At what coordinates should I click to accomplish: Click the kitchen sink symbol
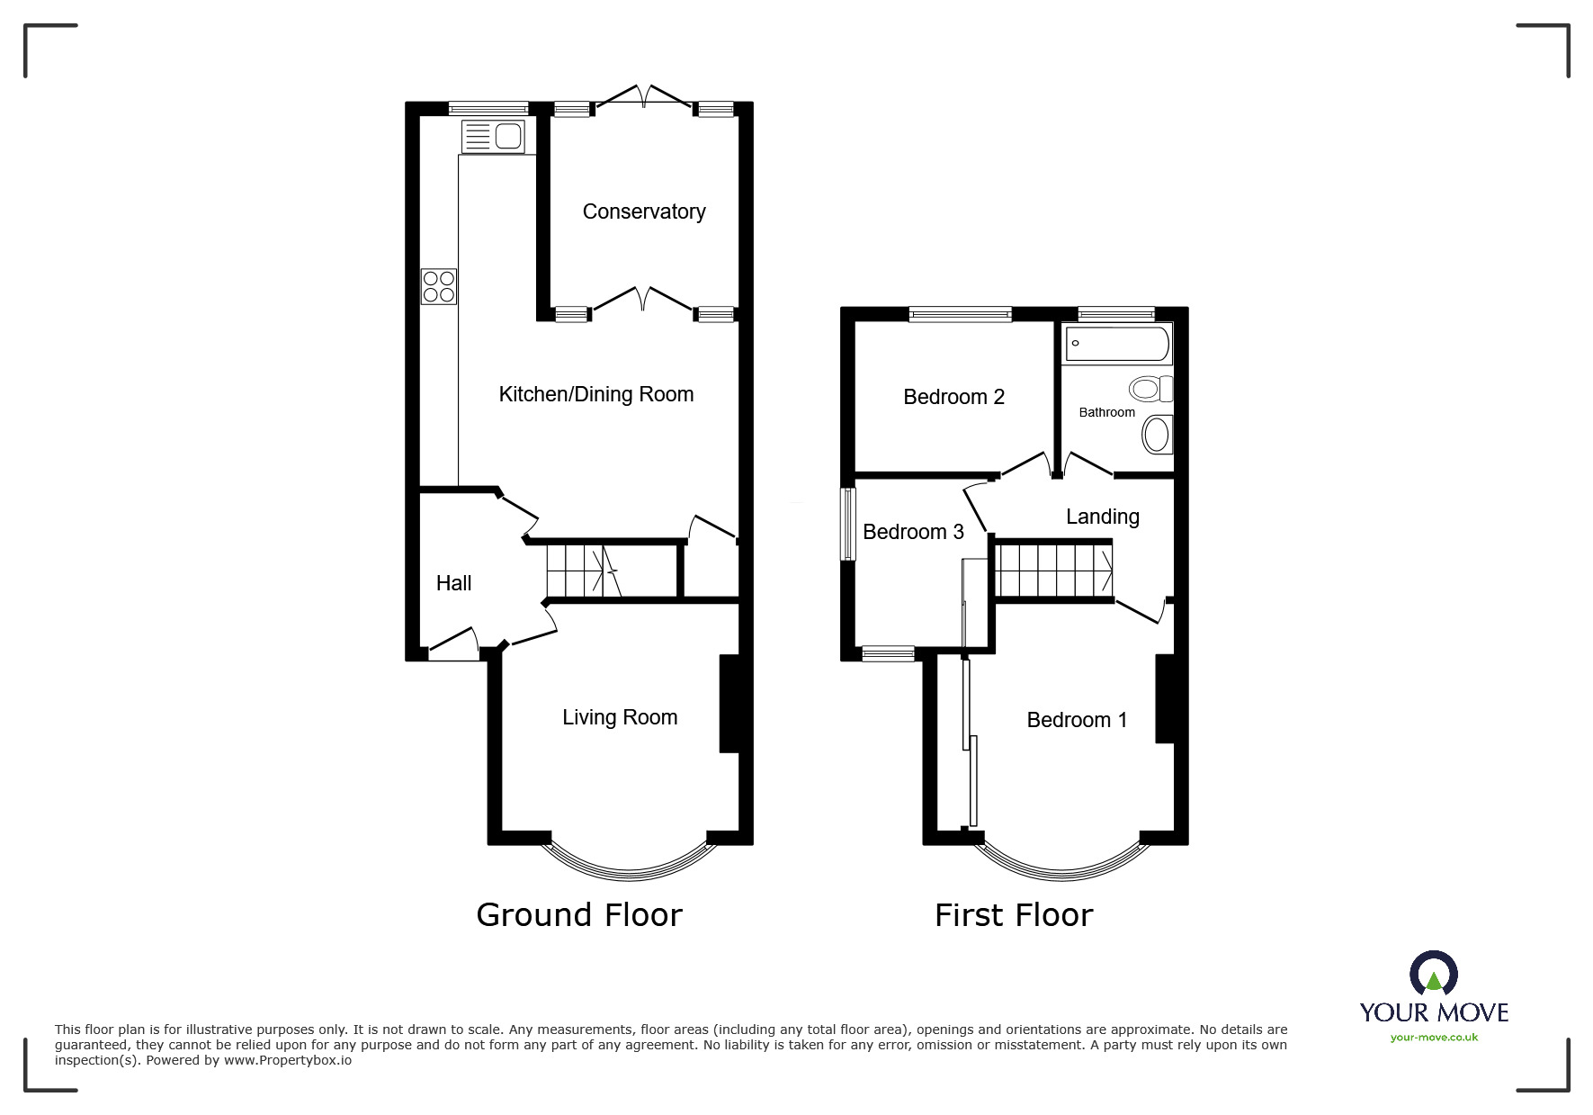[x=493, y=137]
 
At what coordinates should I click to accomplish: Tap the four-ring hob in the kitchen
[x=439, y=286]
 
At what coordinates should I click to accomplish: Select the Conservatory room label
[x=644, y=211]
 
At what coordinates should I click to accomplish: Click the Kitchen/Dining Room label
[x=596, y=394]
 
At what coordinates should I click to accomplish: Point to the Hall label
[x=453, y=583]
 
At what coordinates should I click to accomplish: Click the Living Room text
[x=620, y=717]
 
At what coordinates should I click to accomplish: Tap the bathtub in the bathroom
[x=1117, y=344]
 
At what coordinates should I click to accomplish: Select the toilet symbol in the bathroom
[x=1150, y=389]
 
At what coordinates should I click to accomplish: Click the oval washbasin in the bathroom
[x=1157, y=436]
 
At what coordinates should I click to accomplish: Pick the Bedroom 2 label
[x=953, y=397]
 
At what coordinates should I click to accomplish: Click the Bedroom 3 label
[x=913, y=532]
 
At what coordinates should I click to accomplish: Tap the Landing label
[x=1102, y=517]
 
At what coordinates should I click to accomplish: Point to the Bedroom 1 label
[x=1077, y=720]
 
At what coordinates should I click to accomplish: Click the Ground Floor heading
[x=579, y=915]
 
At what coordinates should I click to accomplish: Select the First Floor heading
[x=1014, y=916]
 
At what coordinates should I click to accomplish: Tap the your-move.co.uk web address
[x=1434, y=1038]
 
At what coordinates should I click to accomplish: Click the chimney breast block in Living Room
[x=729, y=703]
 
